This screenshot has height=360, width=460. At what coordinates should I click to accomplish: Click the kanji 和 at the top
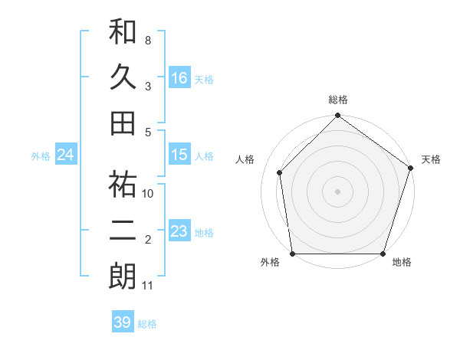123,31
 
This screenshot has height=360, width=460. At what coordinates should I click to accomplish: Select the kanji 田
123,122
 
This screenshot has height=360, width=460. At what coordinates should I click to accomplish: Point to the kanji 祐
123,185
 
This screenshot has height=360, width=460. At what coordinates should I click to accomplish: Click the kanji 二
123,231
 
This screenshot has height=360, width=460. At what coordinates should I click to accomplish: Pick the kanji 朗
123,276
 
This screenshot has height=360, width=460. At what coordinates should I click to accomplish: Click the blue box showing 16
179,78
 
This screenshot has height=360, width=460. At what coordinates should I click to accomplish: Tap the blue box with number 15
179,155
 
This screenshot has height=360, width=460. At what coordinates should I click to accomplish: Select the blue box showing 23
179,231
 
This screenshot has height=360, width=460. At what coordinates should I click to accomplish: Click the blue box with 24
66,155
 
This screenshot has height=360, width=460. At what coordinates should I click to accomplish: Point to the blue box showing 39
122,322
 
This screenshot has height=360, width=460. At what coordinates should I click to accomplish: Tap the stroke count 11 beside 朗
147,286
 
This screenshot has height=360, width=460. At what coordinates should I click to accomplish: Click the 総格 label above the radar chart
337,100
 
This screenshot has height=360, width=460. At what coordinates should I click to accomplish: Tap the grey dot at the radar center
337,191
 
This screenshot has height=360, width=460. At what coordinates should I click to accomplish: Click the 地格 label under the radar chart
402,263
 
